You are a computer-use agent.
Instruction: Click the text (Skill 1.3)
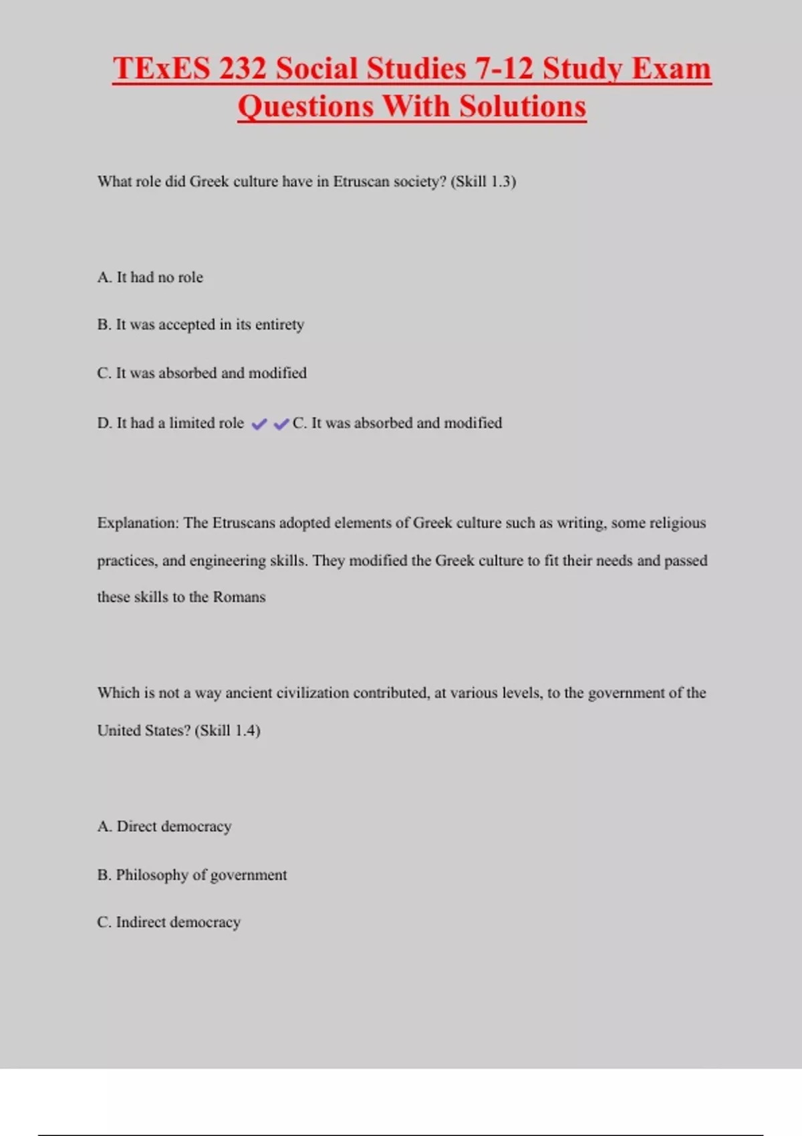pyautogui.click(x=483, y=182)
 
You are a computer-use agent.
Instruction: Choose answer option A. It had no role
pyautogui.click(x=150, y=277)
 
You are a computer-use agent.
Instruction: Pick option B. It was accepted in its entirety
pyautogui.click(x=200, y=325)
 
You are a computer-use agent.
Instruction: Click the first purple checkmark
pyautogui.click(x=259, y=424)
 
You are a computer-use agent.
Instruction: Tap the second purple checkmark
pyautogui.click(x=281, y=424)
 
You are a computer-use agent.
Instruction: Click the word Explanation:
pyautogui.click(x=138, y=523)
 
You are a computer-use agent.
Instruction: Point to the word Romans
pyautogui.click(x=239, y=597)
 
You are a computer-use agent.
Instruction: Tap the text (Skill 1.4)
pyautogui.click(x=227, y=730)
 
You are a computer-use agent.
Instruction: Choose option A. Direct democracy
pyautogui.click(x=164, y=827)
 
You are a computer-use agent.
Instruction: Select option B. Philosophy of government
pyautogui.click(x=192, y=875)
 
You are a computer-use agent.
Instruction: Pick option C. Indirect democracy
pyautogui.click(x=168, y=922)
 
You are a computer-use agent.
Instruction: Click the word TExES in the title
pyautogui.click(x=161, y=69)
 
